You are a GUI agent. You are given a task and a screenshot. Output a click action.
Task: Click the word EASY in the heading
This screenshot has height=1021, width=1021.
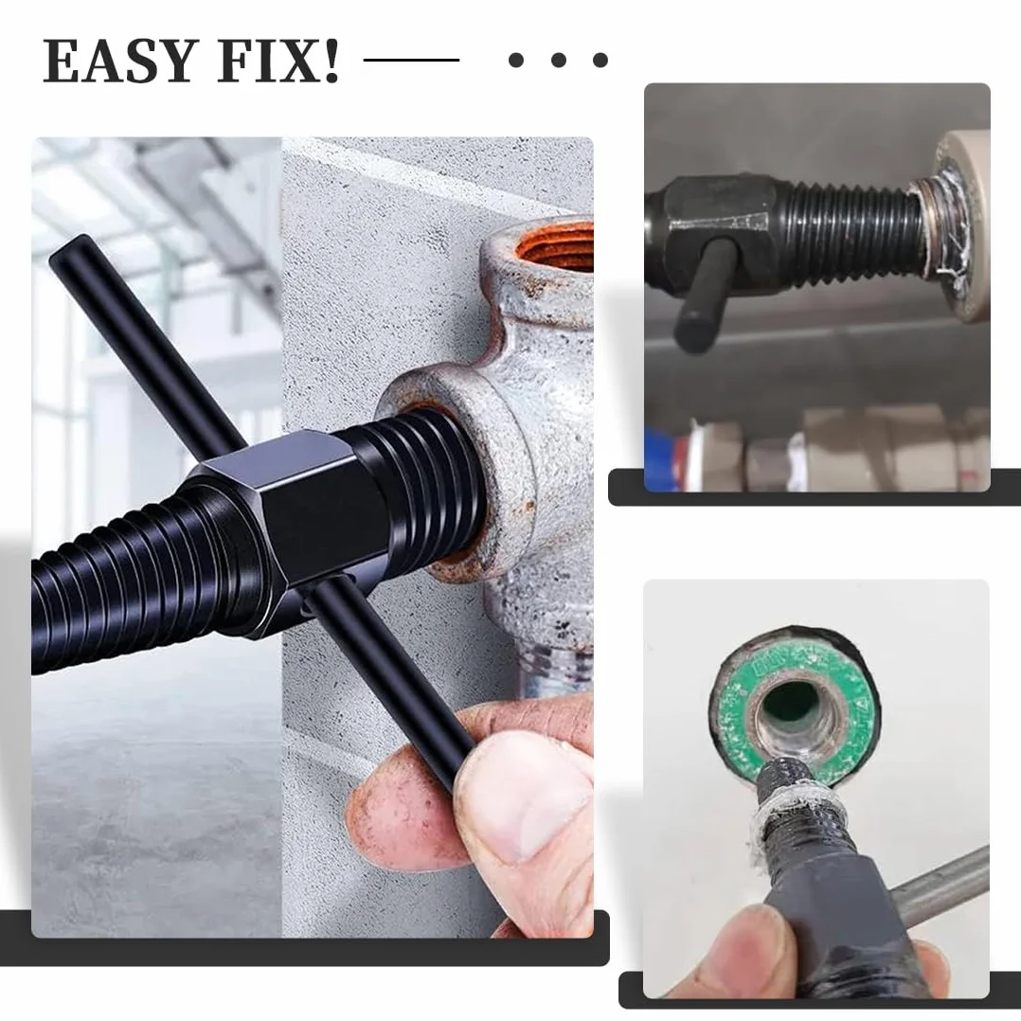click(120, 61)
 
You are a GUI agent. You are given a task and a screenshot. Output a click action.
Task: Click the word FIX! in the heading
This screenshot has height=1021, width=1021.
click(279, 61)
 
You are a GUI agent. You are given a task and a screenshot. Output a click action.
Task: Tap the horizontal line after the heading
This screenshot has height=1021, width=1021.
click(411, 60)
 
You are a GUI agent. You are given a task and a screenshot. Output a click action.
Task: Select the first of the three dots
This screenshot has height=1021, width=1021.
click(515, 60)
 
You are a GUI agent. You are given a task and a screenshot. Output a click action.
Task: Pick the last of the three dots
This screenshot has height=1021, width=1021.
click(600, 60)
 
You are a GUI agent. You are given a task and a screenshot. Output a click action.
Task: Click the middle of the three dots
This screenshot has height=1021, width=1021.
click(558, 60)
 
